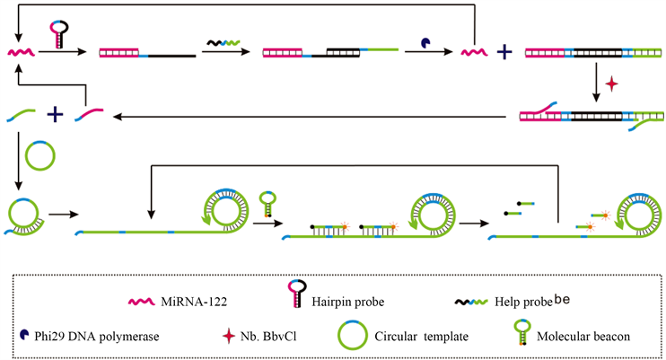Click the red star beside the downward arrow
pyautogui.click(x=613, y=83)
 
